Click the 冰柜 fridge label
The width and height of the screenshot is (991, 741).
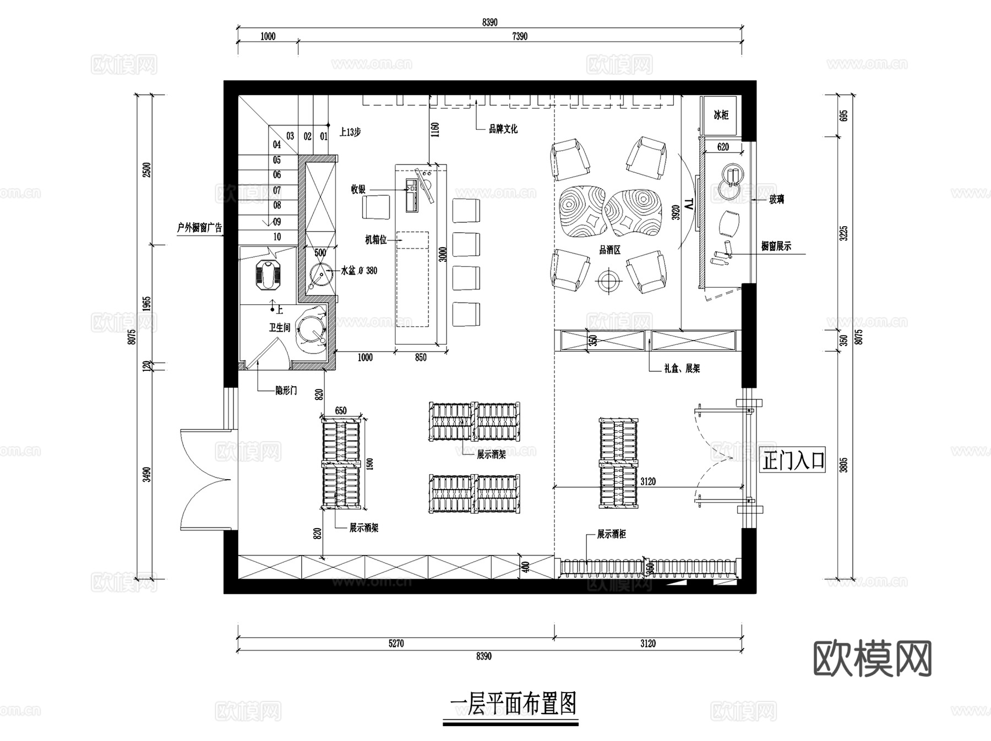(721, 115)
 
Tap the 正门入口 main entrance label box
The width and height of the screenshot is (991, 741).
(793, 460)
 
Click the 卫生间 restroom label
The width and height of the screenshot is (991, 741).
(279, 328)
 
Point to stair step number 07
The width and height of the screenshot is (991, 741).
(277, 190)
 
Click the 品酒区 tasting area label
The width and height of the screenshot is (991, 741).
(609, 250)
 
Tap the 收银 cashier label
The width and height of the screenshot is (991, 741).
(358, 190)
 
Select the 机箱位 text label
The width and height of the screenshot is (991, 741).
(376, 240)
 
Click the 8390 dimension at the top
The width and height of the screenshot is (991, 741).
(489, 23)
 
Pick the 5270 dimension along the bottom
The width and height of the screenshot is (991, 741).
(396, 643)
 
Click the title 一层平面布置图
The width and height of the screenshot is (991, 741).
(513, 705)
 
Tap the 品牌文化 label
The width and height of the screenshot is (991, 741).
(503, 129)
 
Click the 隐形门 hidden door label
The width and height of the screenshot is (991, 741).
(286, 391)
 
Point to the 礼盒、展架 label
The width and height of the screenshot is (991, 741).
(682, 369)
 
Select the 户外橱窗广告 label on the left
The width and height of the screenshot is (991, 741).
(199, 228)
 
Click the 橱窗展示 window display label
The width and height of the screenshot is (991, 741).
(776, 247)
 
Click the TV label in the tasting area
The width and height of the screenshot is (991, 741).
(690, 209)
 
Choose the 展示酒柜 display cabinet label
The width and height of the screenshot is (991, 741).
(611, 534)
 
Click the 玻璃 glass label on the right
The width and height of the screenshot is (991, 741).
(776, 200)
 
